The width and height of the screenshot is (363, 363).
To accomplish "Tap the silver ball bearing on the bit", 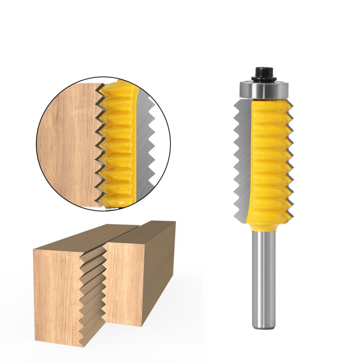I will [264, 89].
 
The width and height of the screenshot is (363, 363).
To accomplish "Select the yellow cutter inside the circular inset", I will [118, 145].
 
